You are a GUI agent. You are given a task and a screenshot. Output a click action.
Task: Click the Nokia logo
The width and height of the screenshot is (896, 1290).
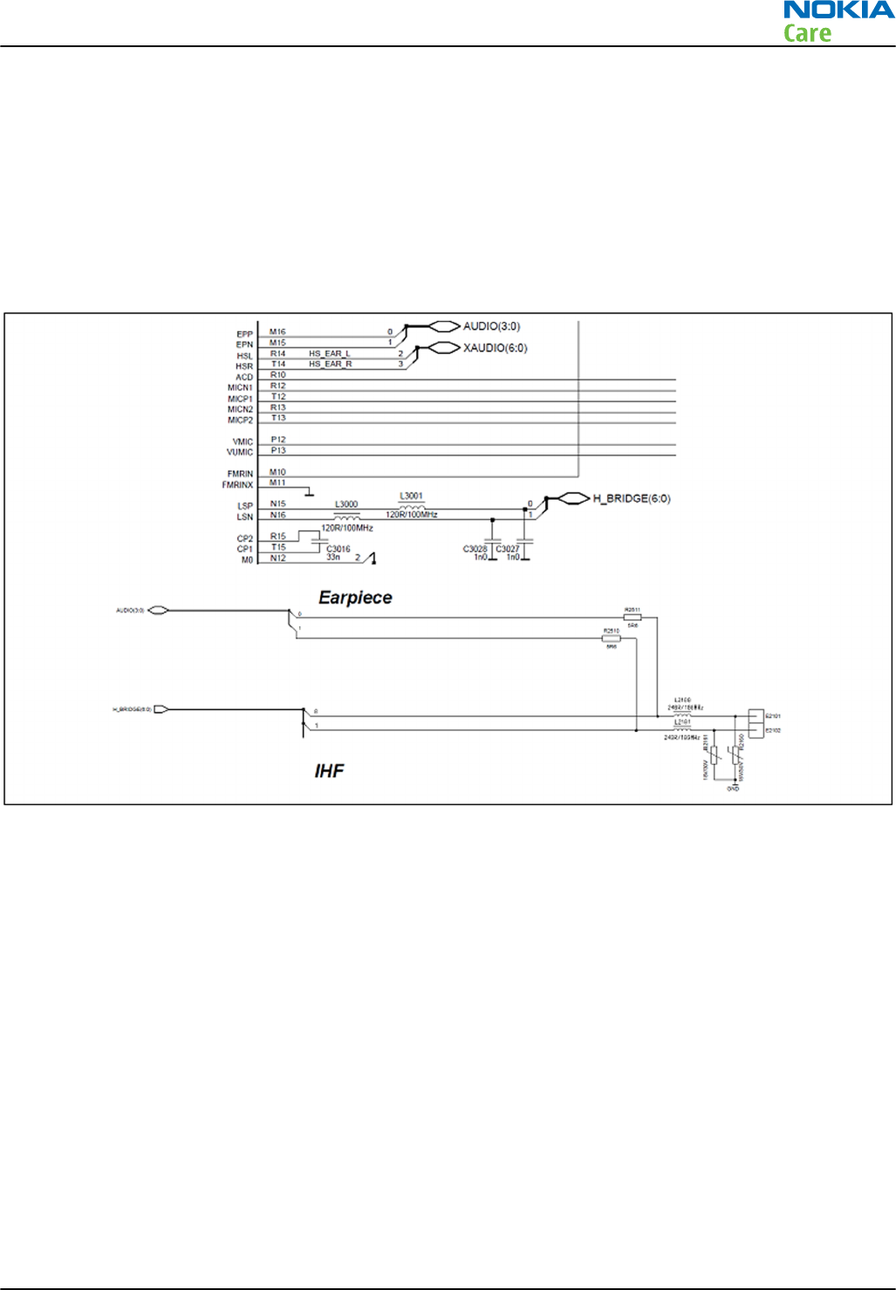(x=838, y=10)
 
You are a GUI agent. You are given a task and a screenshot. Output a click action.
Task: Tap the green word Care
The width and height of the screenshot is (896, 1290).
(x=807, y=34)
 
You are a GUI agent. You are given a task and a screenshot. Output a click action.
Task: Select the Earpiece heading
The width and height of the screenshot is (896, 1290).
(x=355, y=597)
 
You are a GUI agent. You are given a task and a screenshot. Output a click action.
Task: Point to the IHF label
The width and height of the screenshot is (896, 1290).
(x=329, y=770)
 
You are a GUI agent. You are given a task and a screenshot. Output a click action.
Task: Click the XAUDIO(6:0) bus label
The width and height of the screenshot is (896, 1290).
(x=495, y=348)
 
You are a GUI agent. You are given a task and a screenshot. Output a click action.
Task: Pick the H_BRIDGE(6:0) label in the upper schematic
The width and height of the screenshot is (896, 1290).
(x=631, y=499)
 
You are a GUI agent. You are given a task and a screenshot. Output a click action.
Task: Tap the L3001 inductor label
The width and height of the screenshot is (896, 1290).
(x=411, y=496)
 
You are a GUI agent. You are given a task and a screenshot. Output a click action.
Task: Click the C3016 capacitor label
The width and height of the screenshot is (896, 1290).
(x=339, y=549)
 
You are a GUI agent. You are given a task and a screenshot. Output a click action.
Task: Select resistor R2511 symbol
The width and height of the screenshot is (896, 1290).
(x=633, y=618)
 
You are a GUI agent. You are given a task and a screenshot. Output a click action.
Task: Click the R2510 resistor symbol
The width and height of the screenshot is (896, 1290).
(x=612, y=638)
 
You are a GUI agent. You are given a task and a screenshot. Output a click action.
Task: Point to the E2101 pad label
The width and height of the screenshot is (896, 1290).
(x=773, y=716)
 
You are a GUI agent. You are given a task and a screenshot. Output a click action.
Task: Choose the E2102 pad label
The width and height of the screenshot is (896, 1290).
(x=773, y=730)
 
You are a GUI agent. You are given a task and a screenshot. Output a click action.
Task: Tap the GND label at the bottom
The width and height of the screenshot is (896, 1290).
(x=733, y=788)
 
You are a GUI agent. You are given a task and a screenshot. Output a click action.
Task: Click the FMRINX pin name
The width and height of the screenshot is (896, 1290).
(x=237, y=485)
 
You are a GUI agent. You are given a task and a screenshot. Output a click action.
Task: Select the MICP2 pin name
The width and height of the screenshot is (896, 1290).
(x=240, y=420)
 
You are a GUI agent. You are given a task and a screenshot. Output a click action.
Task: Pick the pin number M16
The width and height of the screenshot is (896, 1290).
(x=277, y=332)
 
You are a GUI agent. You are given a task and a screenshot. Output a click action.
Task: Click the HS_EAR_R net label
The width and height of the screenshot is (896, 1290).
(x=330, y=364)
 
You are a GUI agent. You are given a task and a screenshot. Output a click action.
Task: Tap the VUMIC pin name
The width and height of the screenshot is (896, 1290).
(x=240, y=453)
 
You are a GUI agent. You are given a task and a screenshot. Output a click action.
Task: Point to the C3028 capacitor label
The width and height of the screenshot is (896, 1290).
(x=475, y=549)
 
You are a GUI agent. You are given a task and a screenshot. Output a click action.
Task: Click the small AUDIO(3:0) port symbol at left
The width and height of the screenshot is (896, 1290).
(x=157, y=611)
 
